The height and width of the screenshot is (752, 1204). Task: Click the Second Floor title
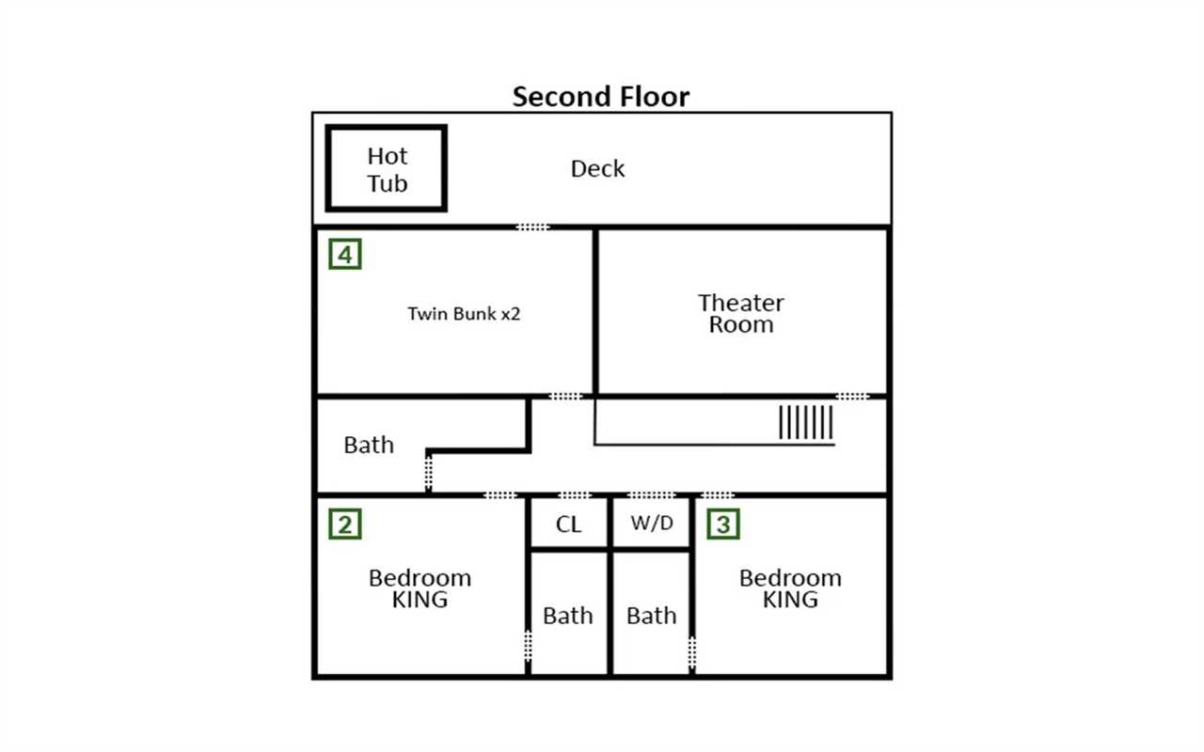pyautogui.click(x=600, y=97)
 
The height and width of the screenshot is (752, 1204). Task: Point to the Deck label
pyautogui.click(x=597, y=168)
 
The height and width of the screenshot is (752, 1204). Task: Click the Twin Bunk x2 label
pyautogui.click(x=464, y=314)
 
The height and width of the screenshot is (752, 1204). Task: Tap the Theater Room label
pyautogui.click(x=740, y=314)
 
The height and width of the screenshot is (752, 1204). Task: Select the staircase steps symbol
pyautogui.click(x=806, y=423)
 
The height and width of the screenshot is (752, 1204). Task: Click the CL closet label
pyautogui.click(x=568, y=525)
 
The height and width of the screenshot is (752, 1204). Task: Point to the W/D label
pyautogui.click(x=652, y=523)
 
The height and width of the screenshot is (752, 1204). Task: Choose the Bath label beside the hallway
pyautogui.click(x=369, y=445)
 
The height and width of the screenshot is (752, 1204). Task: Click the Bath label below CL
pyautogui.click(x=567, y=616)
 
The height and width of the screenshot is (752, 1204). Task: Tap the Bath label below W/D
pyautogui.click(x=652, y=616)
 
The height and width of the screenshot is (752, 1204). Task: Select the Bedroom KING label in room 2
pyautogui.click(x=420, y=588)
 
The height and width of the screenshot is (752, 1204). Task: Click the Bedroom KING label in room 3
pyautogui.click(x=790, y=588)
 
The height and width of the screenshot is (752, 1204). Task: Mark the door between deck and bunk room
pyautogui.click(x=532, y=227)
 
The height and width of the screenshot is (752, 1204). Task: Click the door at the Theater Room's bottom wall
pyautogui.click(x=852, y=397)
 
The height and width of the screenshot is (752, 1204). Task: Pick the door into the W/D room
pyautogui.click(x=652, y=494)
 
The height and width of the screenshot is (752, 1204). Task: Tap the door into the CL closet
pyautogui.click(x=574, y=494)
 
